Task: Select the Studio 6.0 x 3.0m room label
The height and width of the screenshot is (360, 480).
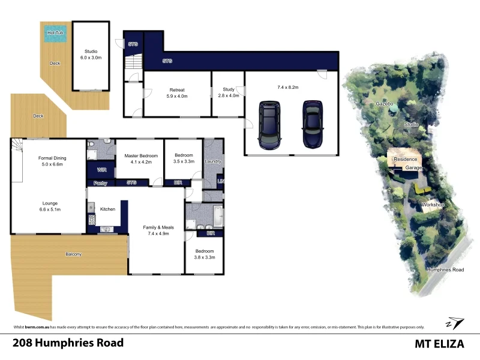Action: click(x=91, y=55)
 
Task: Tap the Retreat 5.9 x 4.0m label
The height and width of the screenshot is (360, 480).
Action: click(x=178, y=92)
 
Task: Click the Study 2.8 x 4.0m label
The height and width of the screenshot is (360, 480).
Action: click(x=227, y=92)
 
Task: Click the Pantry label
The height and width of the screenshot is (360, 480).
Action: click(x=100, y=183)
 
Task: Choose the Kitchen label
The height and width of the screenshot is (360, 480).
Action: click(x=107, y=209)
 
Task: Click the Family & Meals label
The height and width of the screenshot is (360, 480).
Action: click(x=156, y=230)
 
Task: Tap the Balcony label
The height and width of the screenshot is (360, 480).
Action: click(x=74, y=254)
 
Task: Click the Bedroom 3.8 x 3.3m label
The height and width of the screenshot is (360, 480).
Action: click(x=204, y=254)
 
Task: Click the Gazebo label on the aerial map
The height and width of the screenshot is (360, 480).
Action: click(x=384, y=104)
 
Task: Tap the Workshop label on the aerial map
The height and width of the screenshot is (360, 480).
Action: click(x=432, y=205)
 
